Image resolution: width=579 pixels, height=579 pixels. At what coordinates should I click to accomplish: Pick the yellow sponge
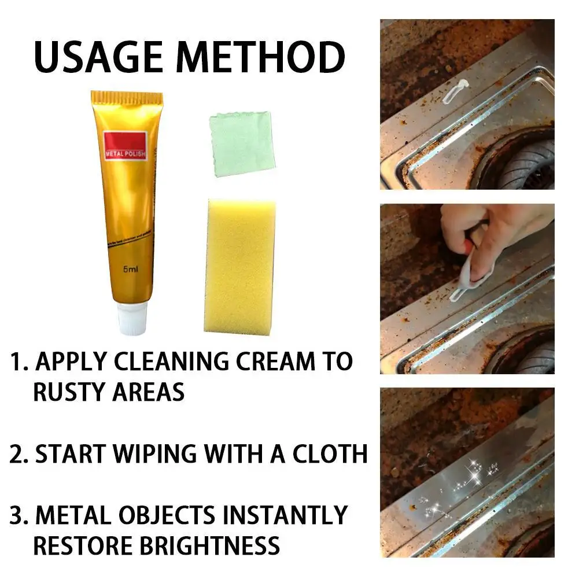[x=239, y=266]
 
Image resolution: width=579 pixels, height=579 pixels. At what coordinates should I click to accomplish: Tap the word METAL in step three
[x=75, y=515]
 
